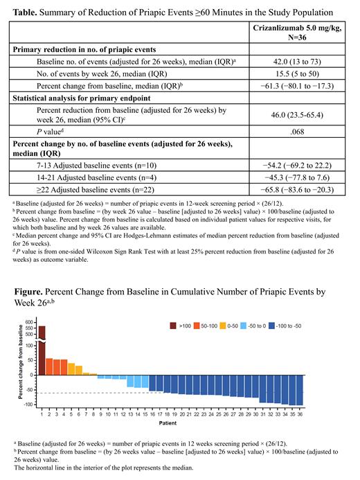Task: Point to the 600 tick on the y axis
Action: (30, 322)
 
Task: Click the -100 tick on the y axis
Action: (29, 403)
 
